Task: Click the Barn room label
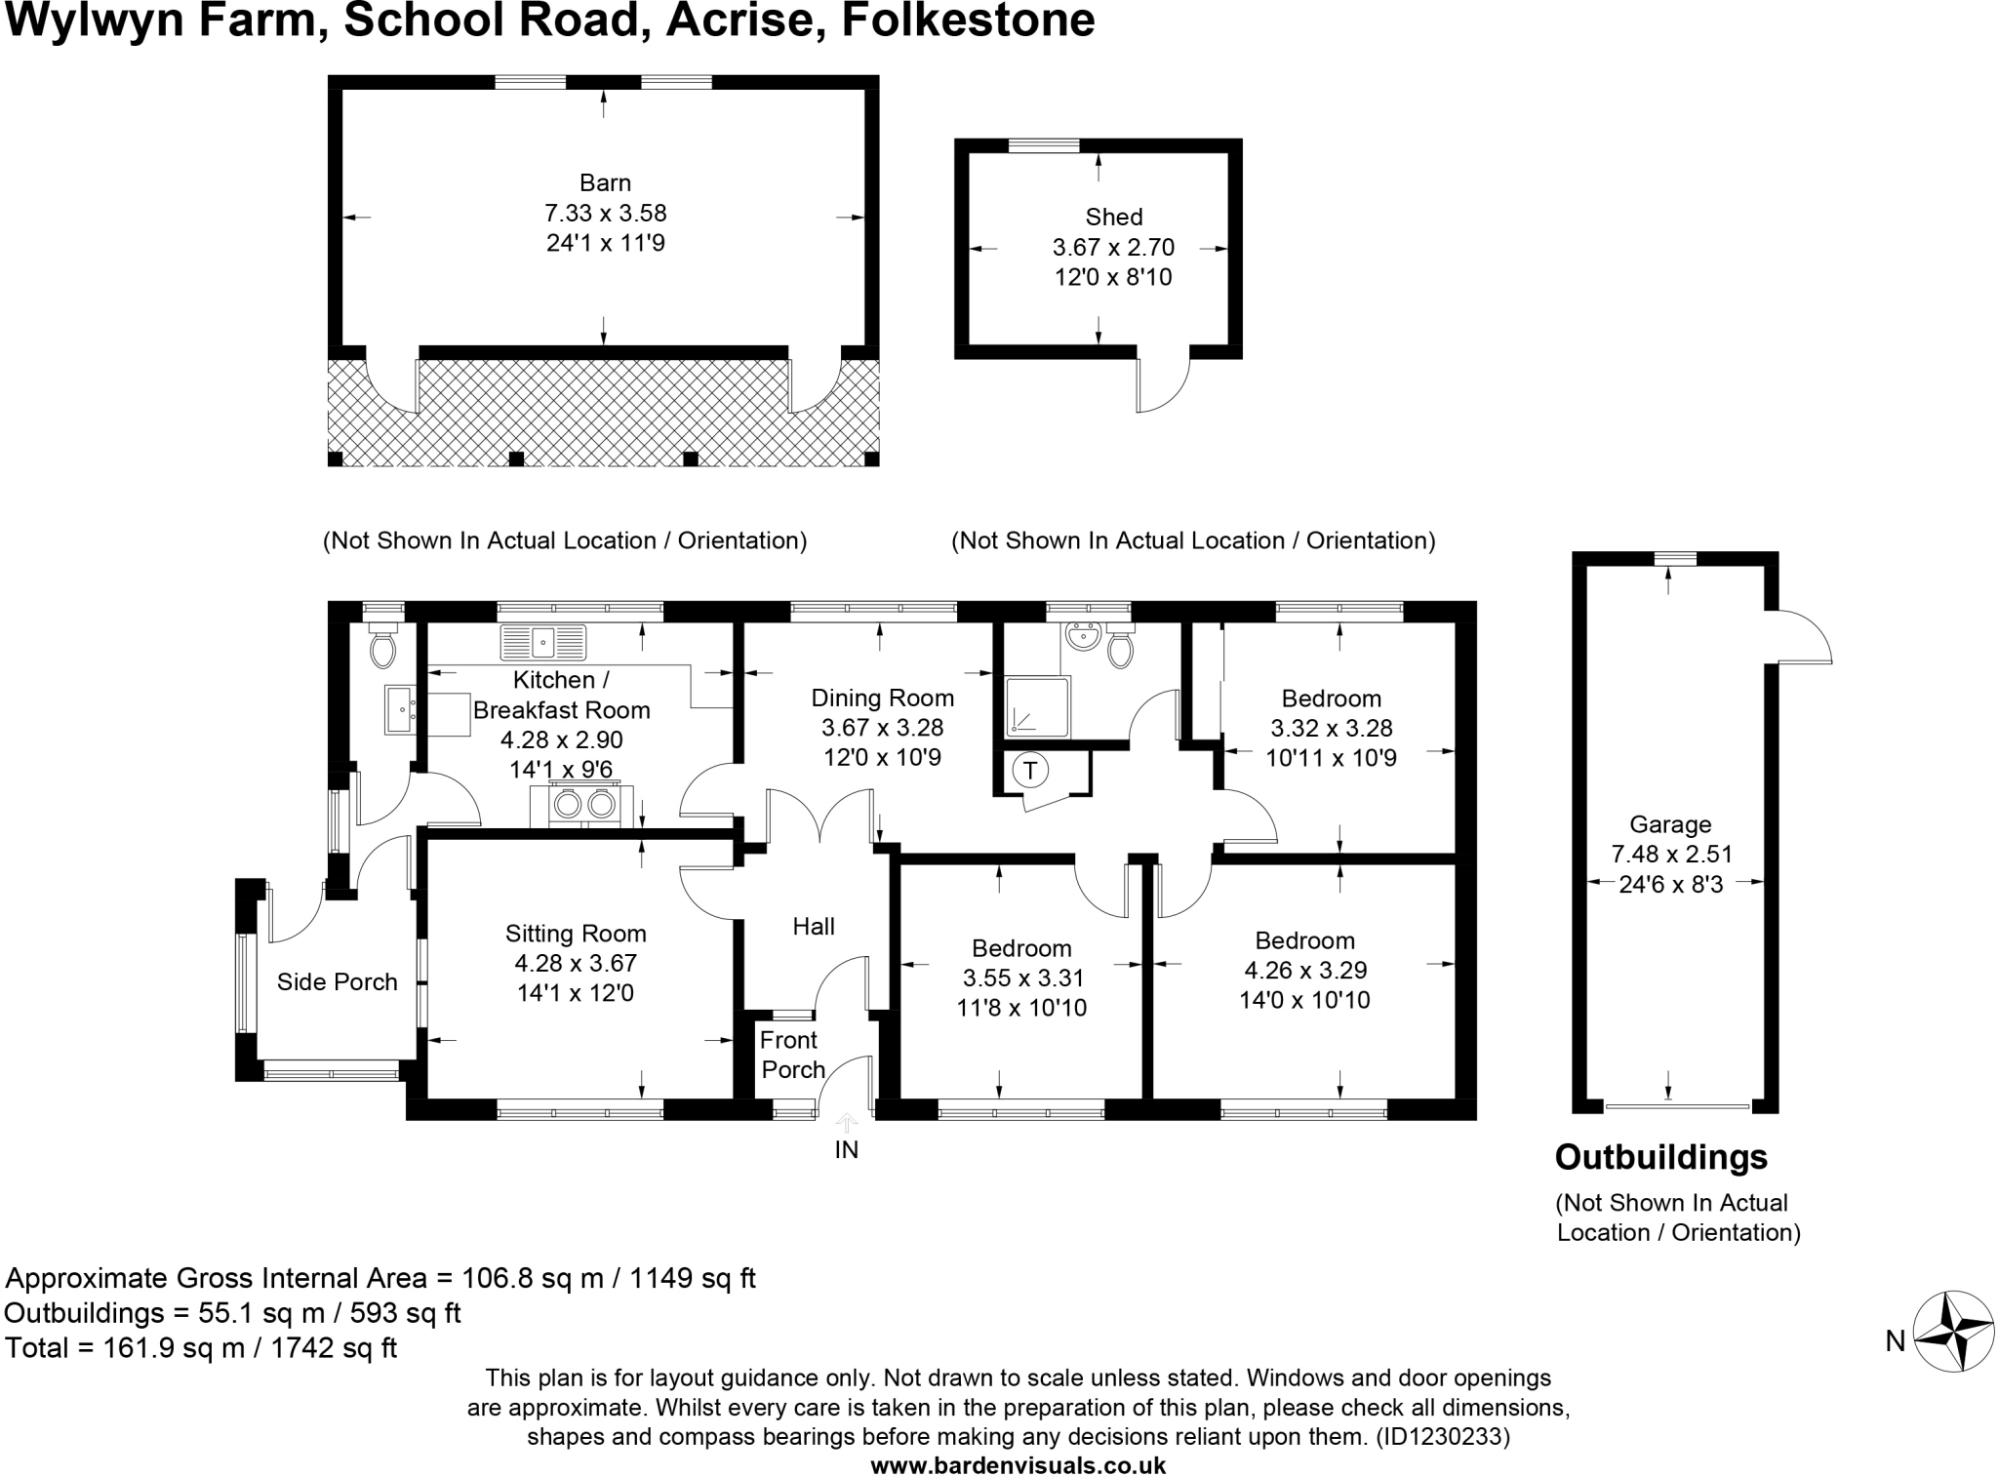point(605,182)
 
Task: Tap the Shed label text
point(1113,217)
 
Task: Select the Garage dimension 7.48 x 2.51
point(1671,854)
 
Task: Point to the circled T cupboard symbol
point(1029,771)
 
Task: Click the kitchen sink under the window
point(543,641)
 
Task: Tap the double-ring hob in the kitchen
point(583,805)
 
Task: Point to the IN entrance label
point(846,1150)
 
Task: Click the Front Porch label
point(791,1055)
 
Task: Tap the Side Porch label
point(337,981)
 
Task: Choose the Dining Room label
point(882,698)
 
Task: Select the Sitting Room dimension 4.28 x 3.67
point(576,963)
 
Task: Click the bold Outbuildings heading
point(1660,1157)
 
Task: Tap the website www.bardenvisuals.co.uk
point(1018,1464)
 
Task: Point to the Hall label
point(814,926)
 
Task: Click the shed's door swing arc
point(1165,384)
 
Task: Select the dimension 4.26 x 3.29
point(1305,970)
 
